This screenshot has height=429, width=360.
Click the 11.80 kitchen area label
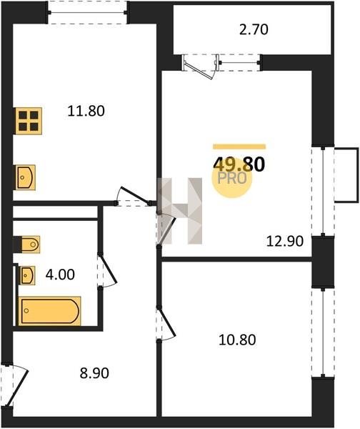tap(86, 112)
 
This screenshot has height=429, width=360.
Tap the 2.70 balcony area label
tap(254, 29)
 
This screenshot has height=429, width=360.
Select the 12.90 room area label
tap(285, 241)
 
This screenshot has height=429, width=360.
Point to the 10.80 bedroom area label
tap(237, 340)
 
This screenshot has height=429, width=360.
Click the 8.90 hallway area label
tap(94, 373)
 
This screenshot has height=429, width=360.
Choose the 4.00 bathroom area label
tap(60, 275)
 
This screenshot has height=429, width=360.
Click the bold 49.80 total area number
tap(239, 165)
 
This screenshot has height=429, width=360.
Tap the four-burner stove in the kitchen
tap(28, 121)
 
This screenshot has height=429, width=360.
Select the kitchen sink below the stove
tap(25, 177)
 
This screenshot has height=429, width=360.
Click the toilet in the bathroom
tap(27, 245)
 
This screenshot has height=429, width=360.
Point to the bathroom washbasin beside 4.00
tap(27, 275)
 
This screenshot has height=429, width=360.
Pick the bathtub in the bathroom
tap(50, 311)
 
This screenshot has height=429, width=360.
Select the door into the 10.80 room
tap(166, 324)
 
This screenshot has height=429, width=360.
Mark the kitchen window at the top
tap(87, 12)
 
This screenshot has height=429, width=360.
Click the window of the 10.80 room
tap(323, 332)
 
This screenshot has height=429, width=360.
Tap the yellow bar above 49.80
tap(239, 147)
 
